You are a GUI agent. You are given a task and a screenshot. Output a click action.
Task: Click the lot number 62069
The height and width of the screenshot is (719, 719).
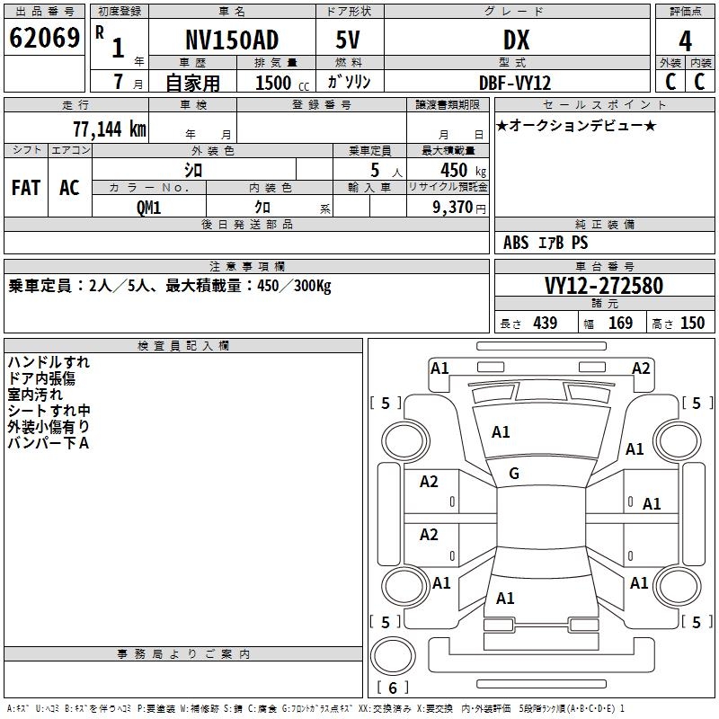click(44, 39)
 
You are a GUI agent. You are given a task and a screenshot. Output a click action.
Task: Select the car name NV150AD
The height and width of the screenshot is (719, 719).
click(232, 40)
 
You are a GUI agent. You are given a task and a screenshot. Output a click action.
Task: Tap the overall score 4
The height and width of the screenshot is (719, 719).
click(685, 40)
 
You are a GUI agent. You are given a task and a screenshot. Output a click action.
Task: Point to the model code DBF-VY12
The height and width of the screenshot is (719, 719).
click(515, 83)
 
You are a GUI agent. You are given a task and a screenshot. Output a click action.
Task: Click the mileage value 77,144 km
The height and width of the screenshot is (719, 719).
click(109, 129)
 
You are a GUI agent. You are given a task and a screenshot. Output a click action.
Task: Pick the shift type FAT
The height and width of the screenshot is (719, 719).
click(26, 188)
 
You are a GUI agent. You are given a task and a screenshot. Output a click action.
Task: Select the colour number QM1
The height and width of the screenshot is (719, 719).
click(148, 207)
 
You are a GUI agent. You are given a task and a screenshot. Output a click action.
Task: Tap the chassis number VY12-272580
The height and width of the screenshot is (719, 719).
click(604, 286)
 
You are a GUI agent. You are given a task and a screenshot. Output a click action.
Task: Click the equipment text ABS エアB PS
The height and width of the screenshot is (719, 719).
click(546, 243)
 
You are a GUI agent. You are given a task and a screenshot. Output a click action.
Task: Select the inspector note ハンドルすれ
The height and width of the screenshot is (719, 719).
click(49, 362)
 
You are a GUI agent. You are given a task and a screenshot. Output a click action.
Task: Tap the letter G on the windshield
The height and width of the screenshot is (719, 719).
click(514, 474)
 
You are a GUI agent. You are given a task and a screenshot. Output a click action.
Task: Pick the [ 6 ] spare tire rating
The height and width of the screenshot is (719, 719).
click(392, 688)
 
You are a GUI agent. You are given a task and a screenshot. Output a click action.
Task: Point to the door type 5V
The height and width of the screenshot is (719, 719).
click(349, 40)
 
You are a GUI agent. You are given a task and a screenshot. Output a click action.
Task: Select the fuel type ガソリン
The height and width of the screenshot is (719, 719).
click(349, 83)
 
